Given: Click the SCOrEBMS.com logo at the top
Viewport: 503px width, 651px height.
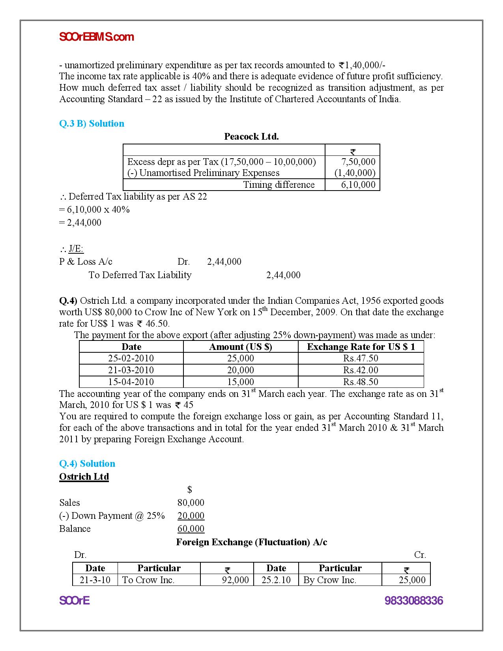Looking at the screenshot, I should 96,37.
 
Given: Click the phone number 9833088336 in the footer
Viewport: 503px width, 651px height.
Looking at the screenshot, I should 413,600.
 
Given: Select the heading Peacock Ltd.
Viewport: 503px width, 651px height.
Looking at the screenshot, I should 251,137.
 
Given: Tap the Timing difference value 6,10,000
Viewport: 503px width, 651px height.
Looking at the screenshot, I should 358,185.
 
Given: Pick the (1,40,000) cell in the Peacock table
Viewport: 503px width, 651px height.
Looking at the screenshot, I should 355,173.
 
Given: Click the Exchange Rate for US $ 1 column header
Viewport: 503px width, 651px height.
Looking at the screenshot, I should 361,347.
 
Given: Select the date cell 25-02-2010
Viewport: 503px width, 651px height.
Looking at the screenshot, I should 131,358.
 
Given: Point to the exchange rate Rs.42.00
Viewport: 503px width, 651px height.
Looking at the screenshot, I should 361,370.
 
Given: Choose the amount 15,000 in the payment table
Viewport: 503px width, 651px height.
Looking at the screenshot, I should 240,382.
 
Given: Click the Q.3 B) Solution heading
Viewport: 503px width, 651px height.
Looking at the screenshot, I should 92,123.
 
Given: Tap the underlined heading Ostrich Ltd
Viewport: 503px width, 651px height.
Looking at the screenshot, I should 84,477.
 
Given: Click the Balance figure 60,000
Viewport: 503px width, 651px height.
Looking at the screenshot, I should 191,529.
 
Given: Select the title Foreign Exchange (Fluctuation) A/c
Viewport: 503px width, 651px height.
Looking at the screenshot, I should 251,542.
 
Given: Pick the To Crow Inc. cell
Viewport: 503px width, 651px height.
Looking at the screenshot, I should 148,580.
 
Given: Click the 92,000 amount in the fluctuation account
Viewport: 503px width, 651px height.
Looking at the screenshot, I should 236,580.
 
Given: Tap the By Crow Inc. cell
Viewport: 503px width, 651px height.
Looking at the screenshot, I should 330,580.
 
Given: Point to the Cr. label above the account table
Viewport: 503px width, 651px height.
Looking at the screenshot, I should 420,555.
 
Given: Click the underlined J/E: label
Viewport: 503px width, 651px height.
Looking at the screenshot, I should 76,249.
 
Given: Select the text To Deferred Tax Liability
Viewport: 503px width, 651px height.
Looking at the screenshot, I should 140,275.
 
